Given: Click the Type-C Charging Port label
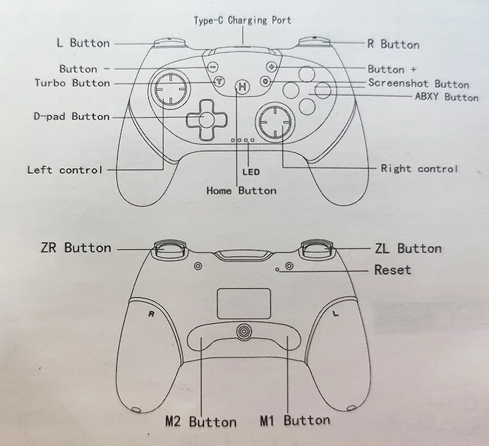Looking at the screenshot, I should click(243, 20).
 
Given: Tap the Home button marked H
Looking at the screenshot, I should click(243, 87).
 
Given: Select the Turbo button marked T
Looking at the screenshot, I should click(217, 81).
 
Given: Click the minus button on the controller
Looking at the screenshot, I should click(212, 67).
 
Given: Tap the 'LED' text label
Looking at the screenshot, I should click(251, 173).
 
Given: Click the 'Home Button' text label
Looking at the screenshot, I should click(241, 191).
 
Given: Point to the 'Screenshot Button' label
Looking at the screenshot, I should click(418, 84).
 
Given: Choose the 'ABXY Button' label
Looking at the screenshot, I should click(446, 97).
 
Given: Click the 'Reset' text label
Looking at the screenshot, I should click(392, 270).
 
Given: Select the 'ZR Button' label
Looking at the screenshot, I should click(76, 248).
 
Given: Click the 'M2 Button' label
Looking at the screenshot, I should click(200, 422).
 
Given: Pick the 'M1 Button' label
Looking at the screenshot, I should click(295, 420).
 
